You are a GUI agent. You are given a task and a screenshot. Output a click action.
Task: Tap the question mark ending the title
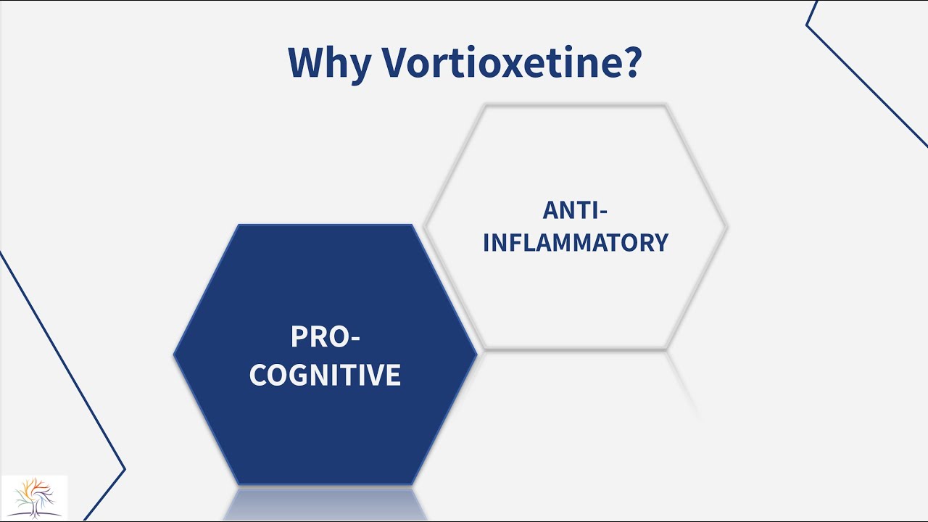coord(629,62)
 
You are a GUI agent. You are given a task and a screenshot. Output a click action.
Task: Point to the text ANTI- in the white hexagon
coord(575,210)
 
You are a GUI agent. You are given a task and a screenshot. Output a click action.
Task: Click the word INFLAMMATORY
coord(575,242)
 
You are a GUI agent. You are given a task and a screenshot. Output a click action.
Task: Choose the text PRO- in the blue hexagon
coord(325,337)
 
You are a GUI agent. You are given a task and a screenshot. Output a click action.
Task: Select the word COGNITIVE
coord(325,376)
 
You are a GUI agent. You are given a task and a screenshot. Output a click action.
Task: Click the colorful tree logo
coord(34,497)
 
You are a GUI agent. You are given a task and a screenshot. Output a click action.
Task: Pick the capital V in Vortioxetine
coord(397,63)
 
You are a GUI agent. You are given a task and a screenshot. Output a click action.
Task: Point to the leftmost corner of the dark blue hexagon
coord(175,355)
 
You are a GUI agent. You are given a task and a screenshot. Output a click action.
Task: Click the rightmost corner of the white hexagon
coord(726,227)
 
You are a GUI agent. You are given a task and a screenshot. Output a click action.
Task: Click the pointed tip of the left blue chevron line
coord(125,469)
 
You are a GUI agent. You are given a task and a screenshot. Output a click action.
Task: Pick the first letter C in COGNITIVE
coord(259,376)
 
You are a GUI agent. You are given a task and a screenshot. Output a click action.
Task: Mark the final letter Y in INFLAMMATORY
coord(660,242)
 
